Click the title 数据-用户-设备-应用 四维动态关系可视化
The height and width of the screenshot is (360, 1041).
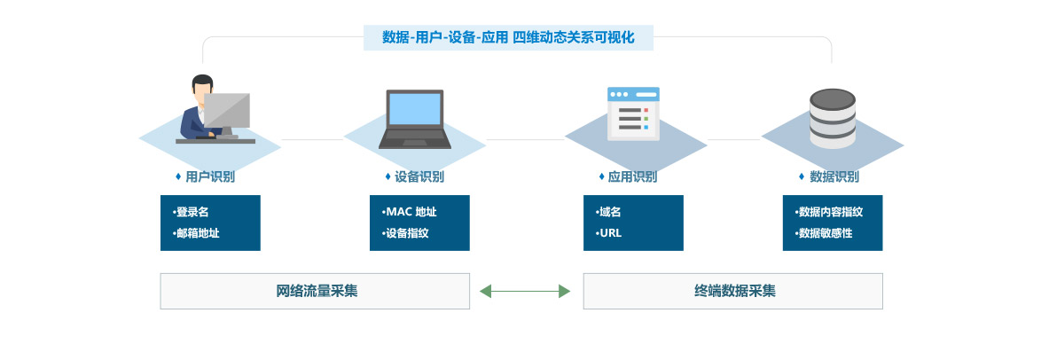[508, 37]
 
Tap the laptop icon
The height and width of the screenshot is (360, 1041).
[415, 118]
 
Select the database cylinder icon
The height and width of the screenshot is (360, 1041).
[832, 118]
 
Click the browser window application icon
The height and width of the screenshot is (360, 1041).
[633, 114]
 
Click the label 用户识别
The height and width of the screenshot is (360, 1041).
[210, 176]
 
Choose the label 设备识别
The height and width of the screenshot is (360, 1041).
[419, 176]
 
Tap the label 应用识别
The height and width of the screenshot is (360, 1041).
[632, 176]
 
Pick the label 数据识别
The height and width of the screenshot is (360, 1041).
[834, 176]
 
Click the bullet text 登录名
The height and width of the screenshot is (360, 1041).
[192, 212]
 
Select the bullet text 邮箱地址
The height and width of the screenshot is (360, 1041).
[197, 233]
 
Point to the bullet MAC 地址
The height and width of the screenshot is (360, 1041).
[411, 212]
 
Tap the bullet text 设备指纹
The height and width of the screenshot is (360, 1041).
[407, 233]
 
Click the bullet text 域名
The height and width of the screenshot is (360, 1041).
[609, 212]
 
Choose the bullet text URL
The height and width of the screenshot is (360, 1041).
[610, 233]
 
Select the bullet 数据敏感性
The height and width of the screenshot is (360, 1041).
[825, 233]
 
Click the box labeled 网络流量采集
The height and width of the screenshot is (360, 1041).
[315, 291]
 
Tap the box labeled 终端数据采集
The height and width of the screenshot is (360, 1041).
[732, 291]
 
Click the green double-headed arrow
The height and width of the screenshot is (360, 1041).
[525, 291]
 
